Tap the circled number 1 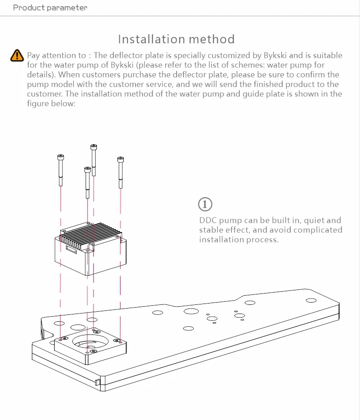pos(206,204)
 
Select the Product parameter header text pos(50,7)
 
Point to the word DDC pos(208,220)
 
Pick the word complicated pos(318,230)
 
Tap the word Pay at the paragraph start pos(34,56)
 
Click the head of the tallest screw pos(94,147)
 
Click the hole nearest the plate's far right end pos(311,300)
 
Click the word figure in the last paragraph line pos(38,103)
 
